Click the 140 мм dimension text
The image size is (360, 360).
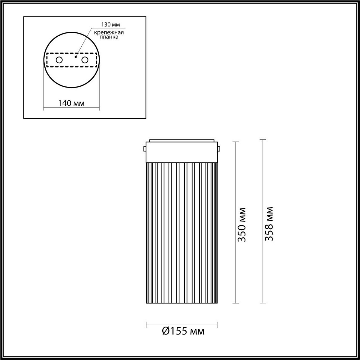pos(71,103)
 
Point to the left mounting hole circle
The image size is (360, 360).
pos(59,60)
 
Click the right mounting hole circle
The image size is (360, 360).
pos(85,60)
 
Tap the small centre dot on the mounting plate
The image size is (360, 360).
pos(76,56)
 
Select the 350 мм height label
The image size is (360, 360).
pos(241,224)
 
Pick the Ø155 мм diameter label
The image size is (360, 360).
pos(183,331)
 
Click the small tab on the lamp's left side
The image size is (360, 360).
pos(145,149)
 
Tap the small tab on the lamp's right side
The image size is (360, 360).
pos(219,149)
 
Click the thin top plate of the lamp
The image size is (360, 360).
pos(182,140)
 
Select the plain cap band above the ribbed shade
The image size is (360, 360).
pos(182,152)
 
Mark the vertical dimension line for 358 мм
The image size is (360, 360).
pos(263,180)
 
